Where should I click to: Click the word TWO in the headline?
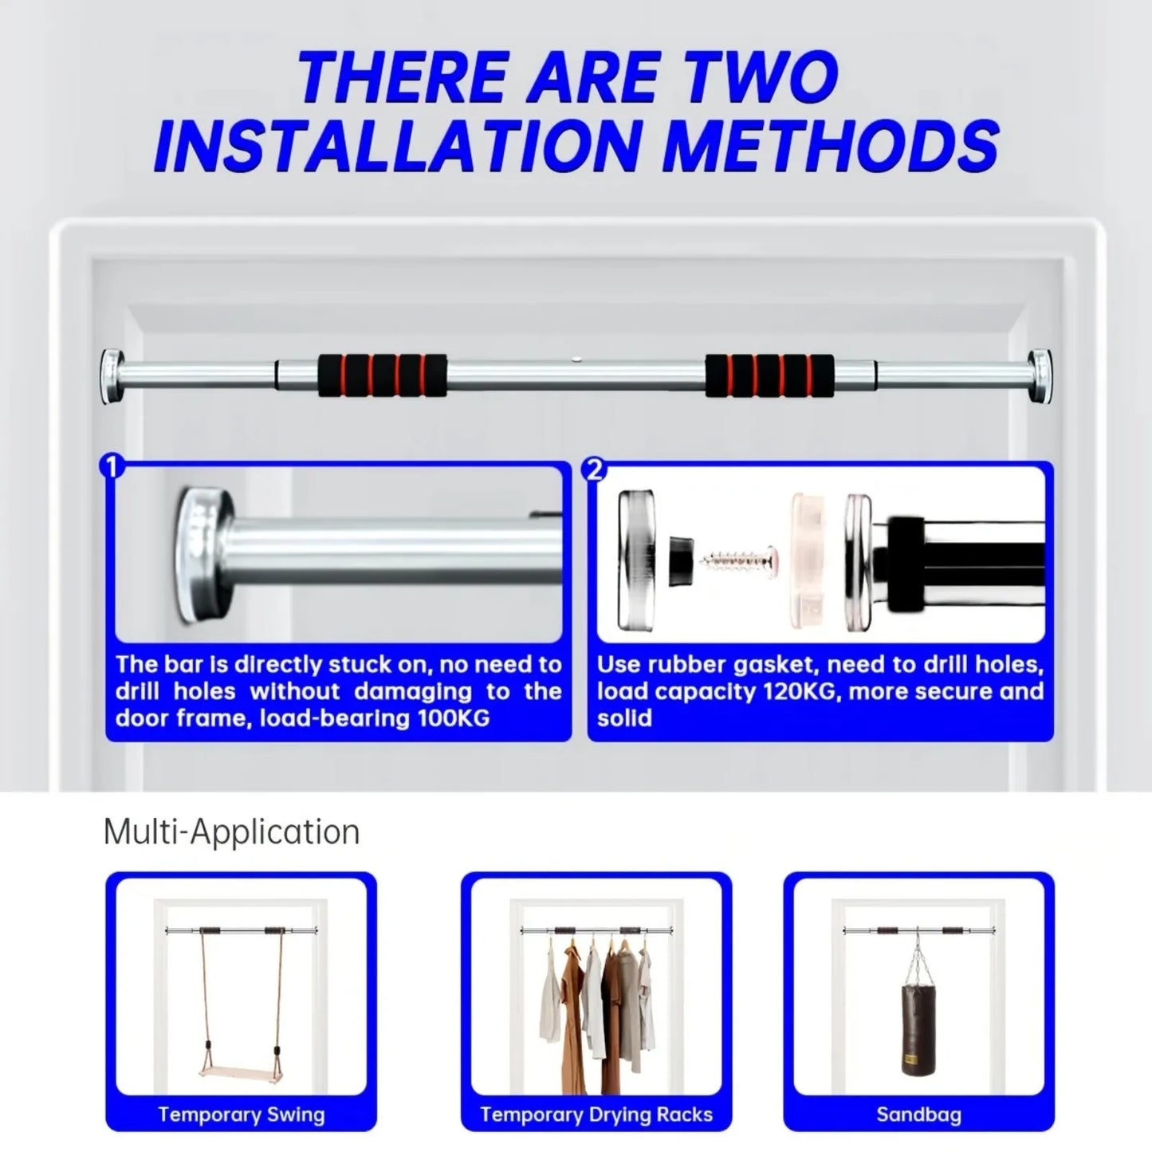[x=761, y=77]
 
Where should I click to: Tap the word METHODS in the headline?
[x=831, y=145]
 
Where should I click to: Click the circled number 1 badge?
[x=112, y=466]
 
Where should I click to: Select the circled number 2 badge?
[x=594, y=470]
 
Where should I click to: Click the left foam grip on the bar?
[x=382, y=375]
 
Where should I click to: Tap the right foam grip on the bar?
[x=769, y=375]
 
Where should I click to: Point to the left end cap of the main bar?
[x=111, y=376]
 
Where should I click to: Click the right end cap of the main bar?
[x=1040, y=376]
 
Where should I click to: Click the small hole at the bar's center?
[x=576, y=360]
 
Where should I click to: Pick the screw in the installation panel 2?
[x=739, y=559]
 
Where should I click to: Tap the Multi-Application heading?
[x=231, y=832]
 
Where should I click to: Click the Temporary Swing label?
[x=242, y=1115]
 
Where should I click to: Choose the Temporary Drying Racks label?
[x=596, y=1115]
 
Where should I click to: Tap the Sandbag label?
[x=919, y=1115]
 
